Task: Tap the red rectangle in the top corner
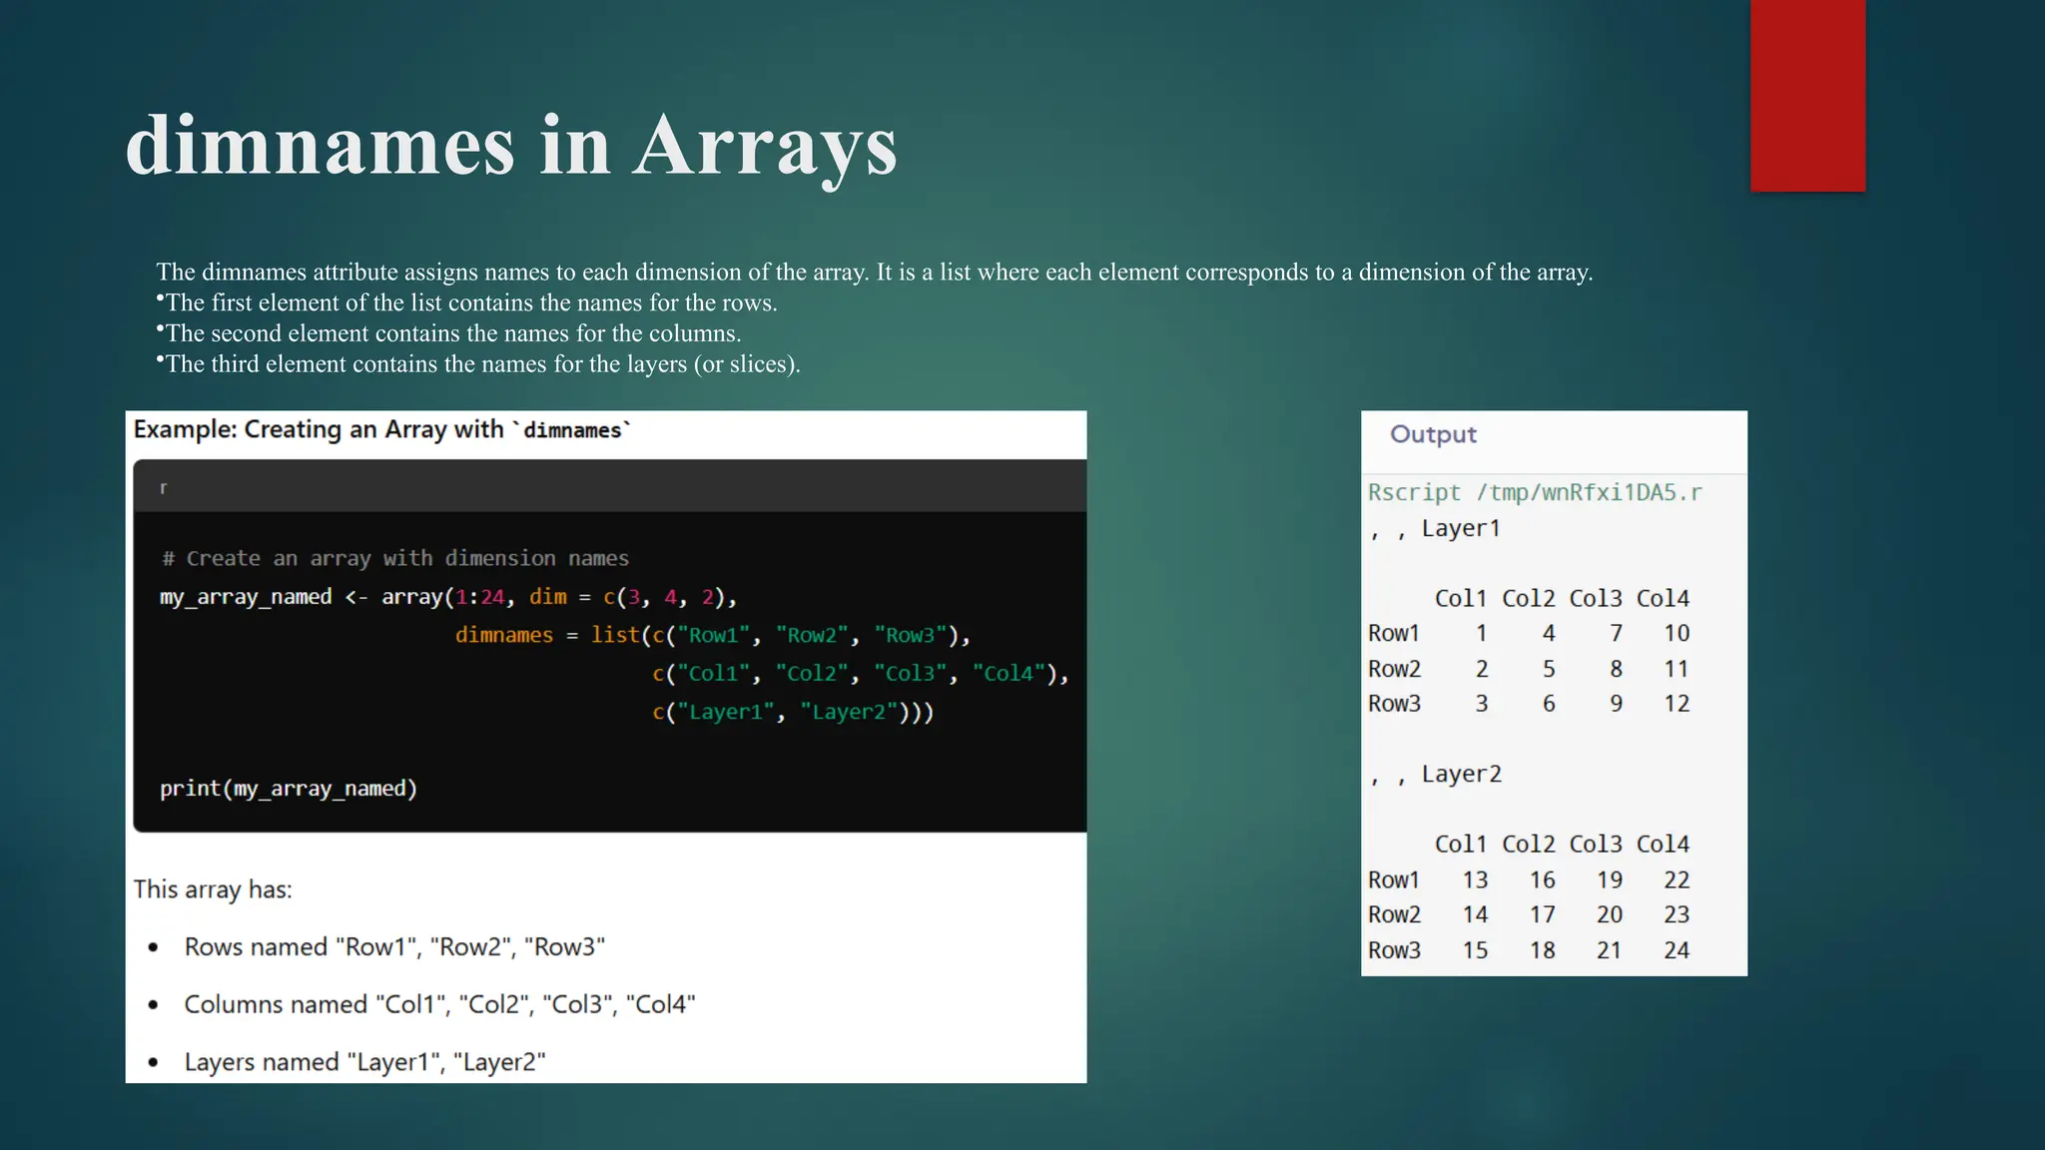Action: (1807, 95)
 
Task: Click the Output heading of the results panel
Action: (1433, 434)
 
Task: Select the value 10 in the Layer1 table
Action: (1676, 633)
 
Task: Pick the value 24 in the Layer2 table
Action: (1676, 950)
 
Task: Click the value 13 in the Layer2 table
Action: (1475, 879)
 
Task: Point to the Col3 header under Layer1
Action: (1595, 598)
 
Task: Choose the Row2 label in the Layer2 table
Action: (1394, 914)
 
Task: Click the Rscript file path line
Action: (1535, 492)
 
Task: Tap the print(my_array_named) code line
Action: (289, 789)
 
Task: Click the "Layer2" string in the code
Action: (848, 712)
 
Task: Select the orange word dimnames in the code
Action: (503, 635)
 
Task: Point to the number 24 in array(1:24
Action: (492, 597)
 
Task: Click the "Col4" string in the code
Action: (1009, 674)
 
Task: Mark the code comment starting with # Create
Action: (395, 558)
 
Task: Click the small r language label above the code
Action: (164, 488)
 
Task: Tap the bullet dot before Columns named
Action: (153, 1005)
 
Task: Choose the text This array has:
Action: (213, 889)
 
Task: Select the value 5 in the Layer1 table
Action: (1548, 669)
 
